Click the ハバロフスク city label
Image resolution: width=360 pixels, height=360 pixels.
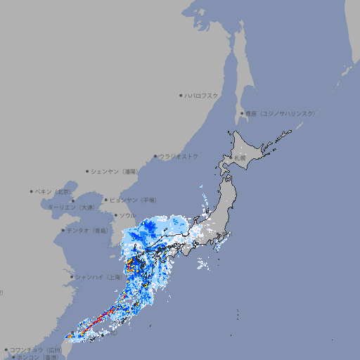point(202,95)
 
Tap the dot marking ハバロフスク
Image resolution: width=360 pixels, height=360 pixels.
point(181,95)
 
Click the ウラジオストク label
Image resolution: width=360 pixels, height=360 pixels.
point(179,156)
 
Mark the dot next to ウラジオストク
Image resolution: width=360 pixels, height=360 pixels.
point(156,156)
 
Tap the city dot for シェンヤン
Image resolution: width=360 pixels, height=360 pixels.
point(88,171)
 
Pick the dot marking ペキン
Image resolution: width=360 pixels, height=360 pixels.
point(32,191)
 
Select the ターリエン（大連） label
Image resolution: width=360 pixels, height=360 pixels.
point(71,207)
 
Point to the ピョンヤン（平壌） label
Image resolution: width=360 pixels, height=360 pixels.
point(134,200)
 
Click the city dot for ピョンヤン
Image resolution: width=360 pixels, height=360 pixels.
point(106,200)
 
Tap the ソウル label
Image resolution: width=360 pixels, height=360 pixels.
point(127,215)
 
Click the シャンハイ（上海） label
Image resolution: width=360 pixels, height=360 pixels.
point(99,277)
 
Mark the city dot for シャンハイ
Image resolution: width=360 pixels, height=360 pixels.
point(72,277)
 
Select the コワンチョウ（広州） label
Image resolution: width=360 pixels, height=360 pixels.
point(36,349)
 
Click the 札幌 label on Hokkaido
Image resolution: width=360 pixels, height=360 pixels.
point(241,158)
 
